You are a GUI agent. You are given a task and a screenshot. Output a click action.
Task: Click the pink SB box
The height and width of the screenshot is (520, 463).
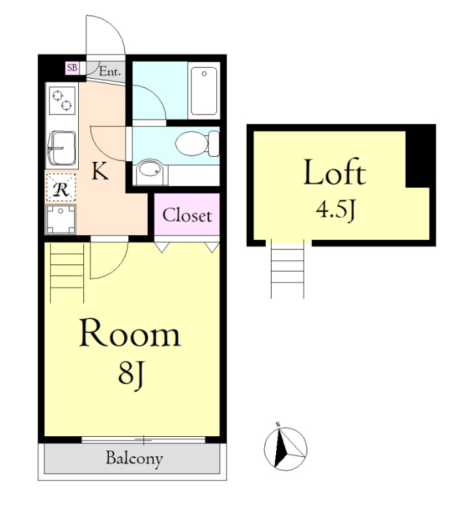coord(72,68)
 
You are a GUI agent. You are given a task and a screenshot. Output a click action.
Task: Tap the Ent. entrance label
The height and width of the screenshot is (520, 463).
coord(110,71)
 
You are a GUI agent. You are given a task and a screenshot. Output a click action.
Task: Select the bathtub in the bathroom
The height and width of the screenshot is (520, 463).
coord(204,90)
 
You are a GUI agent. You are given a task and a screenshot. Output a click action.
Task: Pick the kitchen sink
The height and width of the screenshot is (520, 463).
coord(62,148)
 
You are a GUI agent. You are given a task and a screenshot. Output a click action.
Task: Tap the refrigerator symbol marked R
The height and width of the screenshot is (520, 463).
coord(61,187)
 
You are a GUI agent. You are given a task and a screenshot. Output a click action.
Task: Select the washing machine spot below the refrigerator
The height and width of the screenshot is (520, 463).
coord(61,218)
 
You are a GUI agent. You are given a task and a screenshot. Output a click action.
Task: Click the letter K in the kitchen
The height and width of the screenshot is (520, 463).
coord(100,171)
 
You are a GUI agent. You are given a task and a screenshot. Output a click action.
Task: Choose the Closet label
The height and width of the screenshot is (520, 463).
coord(187,215)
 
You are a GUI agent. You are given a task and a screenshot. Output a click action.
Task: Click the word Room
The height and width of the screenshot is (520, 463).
coord(130,333)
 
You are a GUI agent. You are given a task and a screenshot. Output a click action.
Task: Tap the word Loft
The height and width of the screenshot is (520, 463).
coord(335,172)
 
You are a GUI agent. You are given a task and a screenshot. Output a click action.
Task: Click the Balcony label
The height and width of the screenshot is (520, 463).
coord(134,459)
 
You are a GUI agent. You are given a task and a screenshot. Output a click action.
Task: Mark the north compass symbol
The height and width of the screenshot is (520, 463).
coord(286,448)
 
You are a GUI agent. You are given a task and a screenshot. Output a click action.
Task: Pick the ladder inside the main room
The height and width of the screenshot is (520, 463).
coord(67,273)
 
